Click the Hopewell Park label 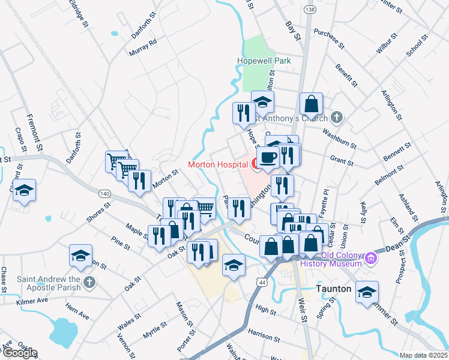pos(264,61)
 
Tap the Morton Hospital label pos(218,164)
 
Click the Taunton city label pos(334,289)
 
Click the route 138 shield pos(310,10)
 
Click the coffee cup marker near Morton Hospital pos(268,158)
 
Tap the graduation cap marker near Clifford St pos(23,191)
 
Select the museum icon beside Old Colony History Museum pos(370,259)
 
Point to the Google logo pos(19,353)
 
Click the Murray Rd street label pos(143,47)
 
